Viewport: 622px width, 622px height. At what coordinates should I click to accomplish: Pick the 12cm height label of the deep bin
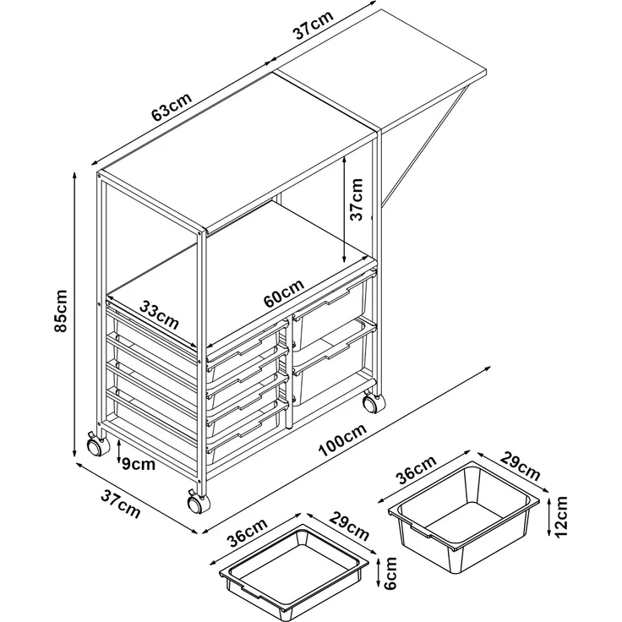(562, 516)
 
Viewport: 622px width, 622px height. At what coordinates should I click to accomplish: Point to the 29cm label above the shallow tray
(349, 527)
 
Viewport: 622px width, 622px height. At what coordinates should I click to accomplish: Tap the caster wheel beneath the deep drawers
(371, 403)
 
